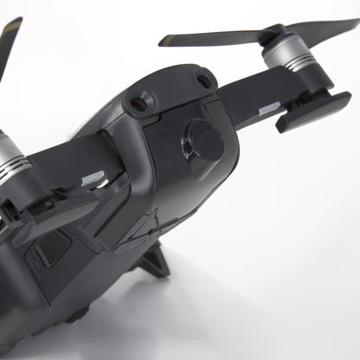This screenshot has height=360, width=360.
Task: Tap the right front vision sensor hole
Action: point(204,82)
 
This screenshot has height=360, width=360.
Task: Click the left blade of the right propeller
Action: point(208,38)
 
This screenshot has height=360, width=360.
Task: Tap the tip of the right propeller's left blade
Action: point(164,40)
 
